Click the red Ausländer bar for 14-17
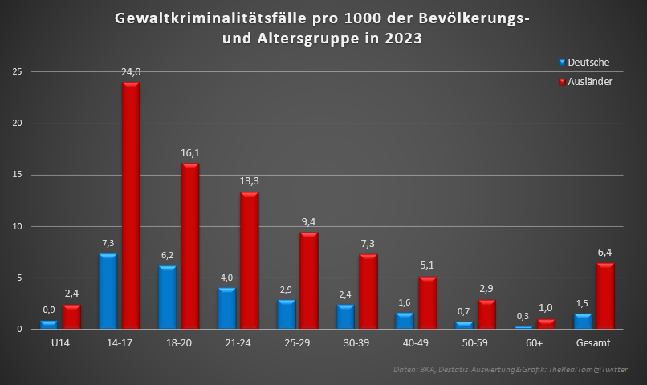tap(131, 205)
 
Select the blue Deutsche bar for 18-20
tap(167, 298)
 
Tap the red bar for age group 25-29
tap(309, 281)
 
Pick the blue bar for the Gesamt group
tap(583, 321)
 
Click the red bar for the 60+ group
tap(546, 324)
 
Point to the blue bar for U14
tap(49, 325)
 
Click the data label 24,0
tap(131, 72)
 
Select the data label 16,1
tap(190, 153)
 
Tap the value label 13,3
tap(250, 181)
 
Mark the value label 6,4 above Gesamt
tap(606, 253)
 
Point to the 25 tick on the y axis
tap(15, 72)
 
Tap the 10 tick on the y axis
tap(15, 227)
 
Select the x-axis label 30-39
tap(356, 342)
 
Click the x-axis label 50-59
tap(475, 342)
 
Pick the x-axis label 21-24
tap(238, 342)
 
